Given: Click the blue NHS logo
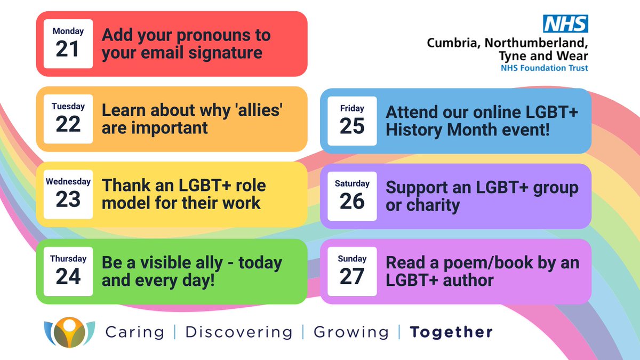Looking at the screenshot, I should tap(565, 24).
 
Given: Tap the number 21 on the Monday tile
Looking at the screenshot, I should tap(68, 49).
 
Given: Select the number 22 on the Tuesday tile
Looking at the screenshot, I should tap(68, 124).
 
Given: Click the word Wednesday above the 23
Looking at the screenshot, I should tap(68, 181).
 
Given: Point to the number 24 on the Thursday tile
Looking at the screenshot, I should tap(68, 276).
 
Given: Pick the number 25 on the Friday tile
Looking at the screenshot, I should tap(352, 126).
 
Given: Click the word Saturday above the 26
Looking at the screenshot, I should tap(352, 183).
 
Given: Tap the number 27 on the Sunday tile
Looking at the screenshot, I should tap(352, 276).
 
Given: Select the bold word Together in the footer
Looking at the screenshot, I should tap(451, 332).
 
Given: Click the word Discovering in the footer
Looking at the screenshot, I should tap(238, 332).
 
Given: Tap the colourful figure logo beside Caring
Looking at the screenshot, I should tap(69, 332).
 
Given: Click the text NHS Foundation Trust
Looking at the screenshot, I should tap(544, 68).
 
